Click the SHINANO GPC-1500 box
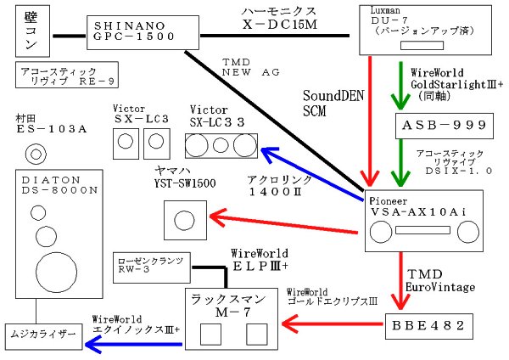point(134,33)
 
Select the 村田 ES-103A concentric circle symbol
point(36,155)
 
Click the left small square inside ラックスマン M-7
point(208,334)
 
